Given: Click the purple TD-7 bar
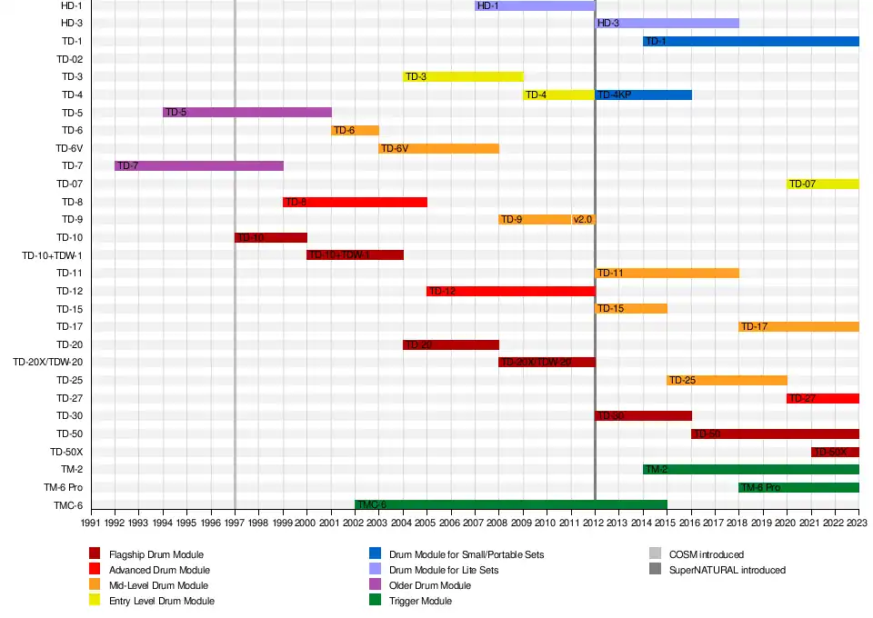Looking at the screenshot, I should coord(199,165).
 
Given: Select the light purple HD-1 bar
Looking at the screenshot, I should coord(535,5).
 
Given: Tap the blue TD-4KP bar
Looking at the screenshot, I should coord(643,95).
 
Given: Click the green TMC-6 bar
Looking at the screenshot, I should coord(511,504).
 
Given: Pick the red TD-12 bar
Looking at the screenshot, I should coord(511,291).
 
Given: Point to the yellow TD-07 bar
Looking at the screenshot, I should coord(823,184).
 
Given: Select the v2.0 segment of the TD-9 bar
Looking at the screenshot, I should coord(583,219).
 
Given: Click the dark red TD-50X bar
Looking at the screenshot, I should coord(835,452).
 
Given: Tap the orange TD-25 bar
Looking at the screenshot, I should coord(727,380).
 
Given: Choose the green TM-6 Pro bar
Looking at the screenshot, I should coord(798,487).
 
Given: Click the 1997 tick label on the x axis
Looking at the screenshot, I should coord(235,523).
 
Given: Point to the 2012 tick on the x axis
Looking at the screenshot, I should coord(595,523).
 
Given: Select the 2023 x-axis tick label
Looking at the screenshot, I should coord(858,523).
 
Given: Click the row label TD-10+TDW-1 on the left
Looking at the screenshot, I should coord(53,255).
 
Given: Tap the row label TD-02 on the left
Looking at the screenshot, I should coord(70,59).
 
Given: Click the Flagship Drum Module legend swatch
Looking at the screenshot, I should coord(95,554).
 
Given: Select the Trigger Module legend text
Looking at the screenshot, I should coord(420,601).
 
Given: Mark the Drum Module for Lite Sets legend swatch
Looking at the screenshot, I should coord(375,570).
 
